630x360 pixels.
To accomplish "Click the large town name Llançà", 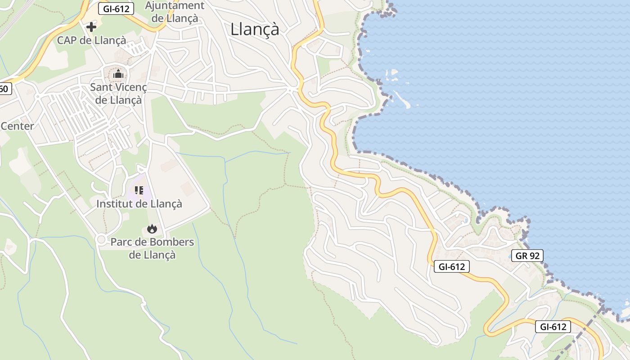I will click(x=255, y=29).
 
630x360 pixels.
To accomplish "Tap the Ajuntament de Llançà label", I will click(x=175, y=12).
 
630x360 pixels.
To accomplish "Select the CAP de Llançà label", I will click(x=91, y=40).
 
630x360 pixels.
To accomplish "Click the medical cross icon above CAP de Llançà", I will click(x=91, y=27).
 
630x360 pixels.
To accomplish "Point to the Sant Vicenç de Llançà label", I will click(x=118, y=93).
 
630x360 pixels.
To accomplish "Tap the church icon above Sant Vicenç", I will click(x=118, y=74).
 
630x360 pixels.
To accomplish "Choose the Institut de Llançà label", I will click(x=139, y=204).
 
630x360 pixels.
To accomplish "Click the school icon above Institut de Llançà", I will click(x=139, y=190).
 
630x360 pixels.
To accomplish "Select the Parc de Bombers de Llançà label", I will click(x=152, y=248).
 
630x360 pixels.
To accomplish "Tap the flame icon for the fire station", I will click(x=152, y=229).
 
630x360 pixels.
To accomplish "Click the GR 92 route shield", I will click(x=527, y=256).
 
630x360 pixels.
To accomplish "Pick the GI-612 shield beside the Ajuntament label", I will click(x=117, y=9).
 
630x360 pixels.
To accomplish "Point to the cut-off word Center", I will click(x=17, y=126).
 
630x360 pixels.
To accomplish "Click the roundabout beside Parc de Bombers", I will click(x=101, y=239).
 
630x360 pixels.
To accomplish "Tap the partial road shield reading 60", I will click(x=4, y=89).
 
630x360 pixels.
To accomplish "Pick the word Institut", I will click(x=114, y=204).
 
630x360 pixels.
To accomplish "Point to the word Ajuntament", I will click(x=175, y=6).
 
